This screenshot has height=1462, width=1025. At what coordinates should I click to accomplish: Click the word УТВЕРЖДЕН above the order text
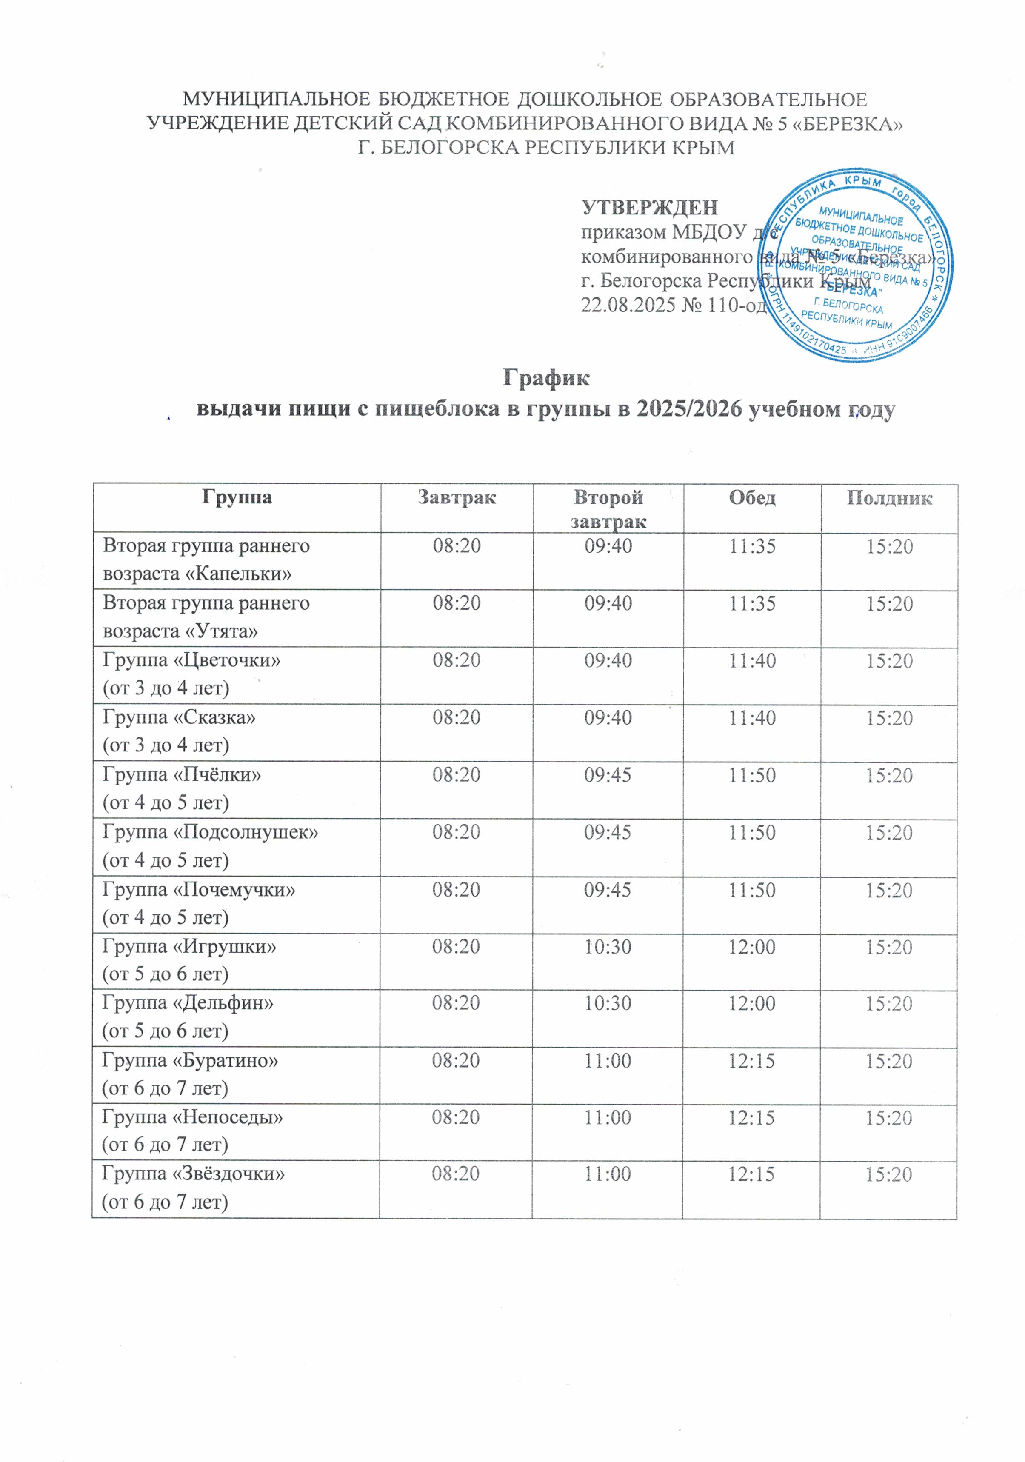649,208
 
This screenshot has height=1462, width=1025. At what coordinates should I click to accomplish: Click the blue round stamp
855,266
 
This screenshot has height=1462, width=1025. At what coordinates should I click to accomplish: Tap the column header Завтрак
457,497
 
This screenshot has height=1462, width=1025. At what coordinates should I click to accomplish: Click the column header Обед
752,497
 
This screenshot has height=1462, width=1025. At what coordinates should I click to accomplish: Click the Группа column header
237,497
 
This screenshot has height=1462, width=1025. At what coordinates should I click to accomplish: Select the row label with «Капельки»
206,560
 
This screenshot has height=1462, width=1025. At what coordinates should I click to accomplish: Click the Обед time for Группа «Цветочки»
752,661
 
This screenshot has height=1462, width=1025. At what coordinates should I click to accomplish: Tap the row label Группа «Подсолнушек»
210,833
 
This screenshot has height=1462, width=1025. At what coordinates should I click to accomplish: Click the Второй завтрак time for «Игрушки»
608,947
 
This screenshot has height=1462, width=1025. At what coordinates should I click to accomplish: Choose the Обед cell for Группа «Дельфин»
752,1004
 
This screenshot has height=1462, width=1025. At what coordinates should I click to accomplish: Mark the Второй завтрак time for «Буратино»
608,1061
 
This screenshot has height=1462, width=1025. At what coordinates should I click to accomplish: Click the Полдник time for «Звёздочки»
889,1175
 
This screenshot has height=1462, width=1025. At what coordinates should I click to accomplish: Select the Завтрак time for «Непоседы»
456,1117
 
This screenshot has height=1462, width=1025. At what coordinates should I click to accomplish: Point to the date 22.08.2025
628,306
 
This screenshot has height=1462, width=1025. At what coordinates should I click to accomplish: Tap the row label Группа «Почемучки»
199,890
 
